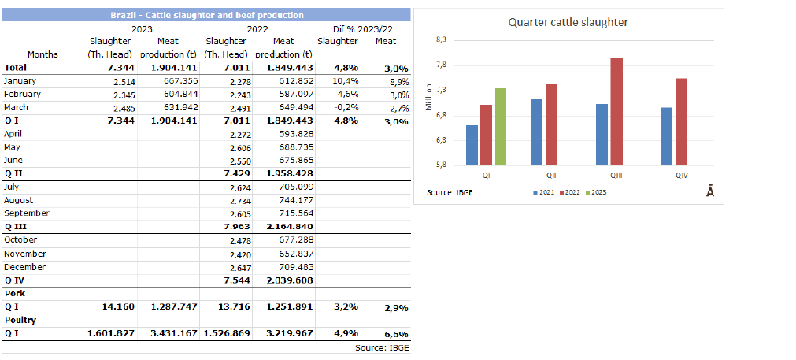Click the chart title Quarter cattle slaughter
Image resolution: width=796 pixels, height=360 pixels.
coord(568,22)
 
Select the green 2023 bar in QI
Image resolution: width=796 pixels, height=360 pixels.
coord(501,126)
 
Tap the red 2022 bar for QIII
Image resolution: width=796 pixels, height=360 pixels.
coord(616,111)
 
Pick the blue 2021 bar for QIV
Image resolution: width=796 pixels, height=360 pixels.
coord(667,136)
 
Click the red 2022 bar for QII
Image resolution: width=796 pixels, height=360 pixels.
coord(551,124)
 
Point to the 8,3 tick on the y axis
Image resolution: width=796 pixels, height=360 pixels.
coord(441,39)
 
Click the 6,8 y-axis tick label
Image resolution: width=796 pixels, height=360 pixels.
coord(441,115)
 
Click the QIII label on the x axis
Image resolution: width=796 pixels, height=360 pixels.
coord(616,175)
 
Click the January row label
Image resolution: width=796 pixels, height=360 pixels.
coord(20,80)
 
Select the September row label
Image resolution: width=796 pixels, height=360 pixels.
coord(27,213)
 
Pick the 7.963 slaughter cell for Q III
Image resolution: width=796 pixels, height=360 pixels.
coord(236,227)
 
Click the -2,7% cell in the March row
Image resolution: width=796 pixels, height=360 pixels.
coord(396,108)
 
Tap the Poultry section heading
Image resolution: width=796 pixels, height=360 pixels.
coord(20,321)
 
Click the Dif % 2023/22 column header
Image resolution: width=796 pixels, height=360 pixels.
coord(364,28)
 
